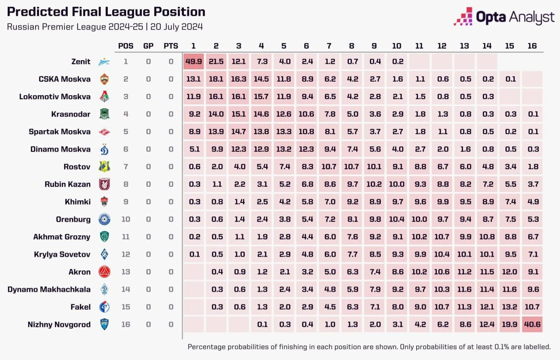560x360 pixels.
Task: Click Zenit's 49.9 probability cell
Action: point(193,62)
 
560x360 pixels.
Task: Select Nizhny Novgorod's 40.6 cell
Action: point(532,324)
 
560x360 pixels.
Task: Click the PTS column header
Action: point(171,46)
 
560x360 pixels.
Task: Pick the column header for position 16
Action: point(532,46)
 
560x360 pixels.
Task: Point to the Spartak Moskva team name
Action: point(59,132)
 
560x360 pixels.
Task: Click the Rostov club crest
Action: point(104,167)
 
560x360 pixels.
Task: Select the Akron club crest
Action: point(104,272)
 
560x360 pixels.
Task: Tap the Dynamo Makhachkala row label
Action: point(49,289)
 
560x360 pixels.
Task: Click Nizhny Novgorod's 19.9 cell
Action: point(509,324)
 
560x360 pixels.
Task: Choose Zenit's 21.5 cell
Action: point(216,62)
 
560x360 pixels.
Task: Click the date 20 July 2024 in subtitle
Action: point(176,27)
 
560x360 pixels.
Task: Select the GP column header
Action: point(148,46)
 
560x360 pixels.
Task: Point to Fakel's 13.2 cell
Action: point(509,307)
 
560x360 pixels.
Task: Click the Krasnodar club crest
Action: point(104,114)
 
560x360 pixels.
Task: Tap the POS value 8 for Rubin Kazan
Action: point(126,184)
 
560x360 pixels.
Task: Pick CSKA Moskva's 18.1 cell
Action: point(216,79)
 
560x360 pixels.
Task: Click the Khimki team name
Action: point(77,202)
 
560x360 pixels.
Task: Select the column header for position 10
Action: point(397,46)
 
